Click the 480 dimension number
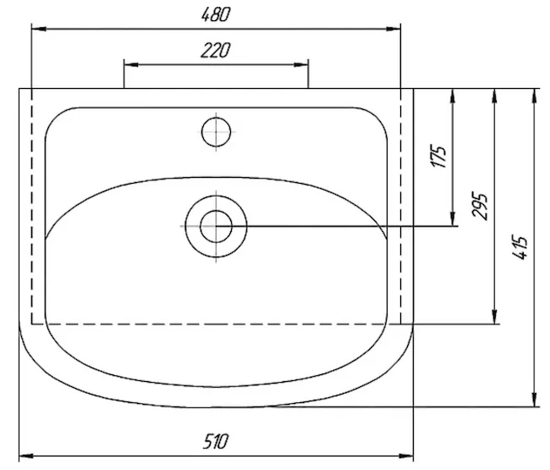pos(216,14)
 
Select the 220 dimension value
pos(216,51)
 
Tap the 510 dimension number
pos(216,441)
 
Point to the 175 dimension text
pos(438,156)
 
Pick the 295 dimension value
pos(480,206)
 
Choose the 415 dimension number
pos(520,247)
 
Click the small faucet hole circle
pos(216,132)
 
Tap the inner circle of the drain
pos(216,226)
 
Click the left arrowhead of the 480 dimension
pos(39,29)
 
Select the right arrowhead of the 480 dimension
pos(393,29)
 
